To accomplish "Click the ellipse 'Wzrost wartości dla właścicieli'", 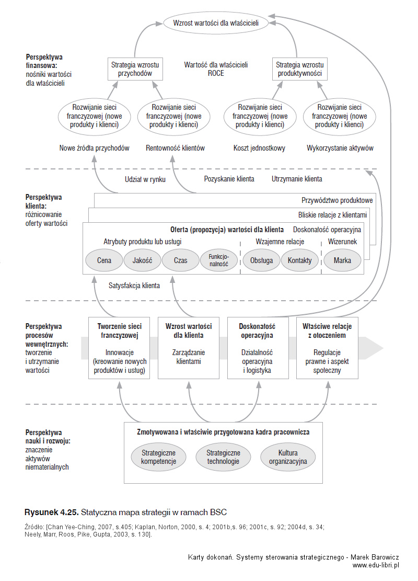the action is coord(216,23).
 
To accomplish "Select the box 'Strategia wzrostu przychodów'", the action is coord(135,69).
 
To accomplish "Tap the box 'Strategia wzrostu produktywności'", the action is coord(299,69).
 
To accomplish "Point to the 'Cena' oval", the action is coord(104,260).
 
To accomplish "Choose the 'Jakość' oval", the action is coord(143,260).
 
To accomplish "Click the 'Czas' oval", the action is coord(181,260).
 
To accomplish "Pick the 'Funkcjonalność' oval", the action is coord(219,260).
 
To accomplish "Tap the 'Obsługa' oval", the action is coord(261,260).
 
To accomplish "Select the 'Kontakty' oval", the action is coord(299,260).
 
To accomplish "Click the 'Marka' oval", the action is coord(342,260).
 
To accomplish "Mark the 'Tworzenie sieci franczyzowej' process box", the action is coord(119,348).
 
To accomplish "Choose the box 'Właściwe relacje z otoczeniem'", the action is coord(327,348).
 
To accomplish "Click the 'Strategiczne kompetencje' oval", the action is coord(158,457).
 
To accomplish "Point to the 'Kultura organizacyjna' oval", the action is coord(288,457).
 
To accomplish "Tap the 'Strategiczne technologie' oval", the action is coord(223,457).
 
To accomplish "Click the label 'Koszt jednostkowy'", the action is coord(259,148).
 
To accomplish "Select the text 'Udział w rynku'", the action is coord(145,179).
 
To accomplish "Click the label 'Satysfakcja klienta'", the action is coord(134,286).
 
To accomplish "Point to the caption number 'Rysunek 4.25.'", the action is coord(51,512).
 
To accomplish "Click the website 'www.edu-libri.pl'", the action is coord(376,565).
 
